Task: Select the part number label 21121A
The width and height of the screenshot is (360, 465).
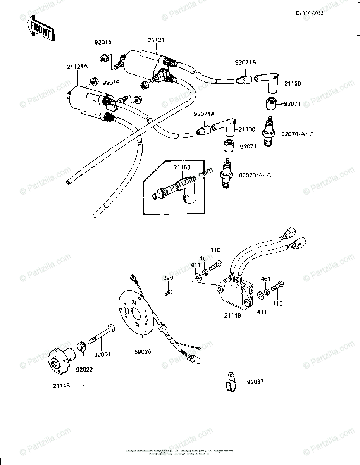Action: click(77, 67)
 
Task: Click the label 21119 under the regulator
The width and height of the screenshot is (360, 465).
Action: click(233, 315)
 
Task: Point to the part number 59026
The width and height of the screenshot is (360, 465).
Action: click(143, 351)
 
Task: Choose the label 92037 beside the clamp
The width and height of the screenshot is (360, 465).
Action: click(255, 382)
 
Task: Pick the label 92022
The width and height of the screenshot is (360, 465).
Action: click(84, 369)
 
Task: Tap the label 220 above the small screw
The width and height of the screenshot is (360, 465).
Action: click(168, 278)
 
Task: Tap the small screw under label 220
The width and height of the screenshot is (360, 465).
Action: click(169, 293)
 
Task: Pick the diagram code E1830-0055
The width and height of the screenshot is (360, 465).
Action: click(310, 13)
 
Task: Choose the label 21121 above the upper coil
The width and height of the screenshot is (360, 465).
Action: click(157, 40)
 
